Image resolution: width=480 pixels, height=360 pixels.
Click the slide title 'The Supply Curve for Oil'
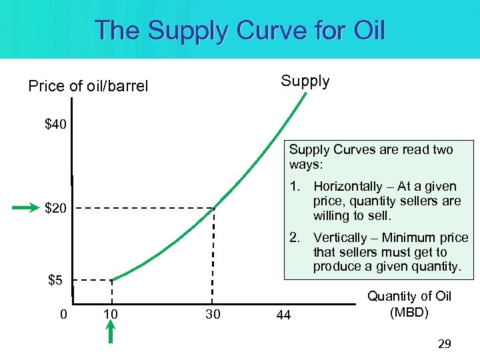coord(240,31)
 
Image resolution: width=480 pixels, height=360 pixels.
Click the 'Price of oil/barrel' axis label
coord(88,86)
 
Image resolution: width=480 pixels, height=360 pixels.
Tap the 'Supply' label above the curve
coord(305,81)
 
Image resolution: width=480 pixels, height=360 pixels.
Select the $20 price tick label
coord(55,209)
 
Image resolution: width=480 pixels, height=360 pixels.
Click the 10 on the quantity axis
coord(111,314)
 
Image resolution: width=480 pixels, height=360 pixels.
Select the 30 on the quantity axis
coord(212,314)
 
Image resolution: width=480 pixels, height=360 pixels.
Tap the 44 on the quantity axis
coord(283,315)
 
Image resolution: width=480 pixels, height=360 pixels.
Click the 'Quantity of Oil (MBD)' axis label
coord(409,304)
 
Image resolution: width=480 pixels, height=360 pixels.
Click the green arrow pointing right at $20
coord(26,209)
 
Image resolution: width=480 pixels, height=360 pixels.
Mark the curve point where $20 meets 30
coord(213,209)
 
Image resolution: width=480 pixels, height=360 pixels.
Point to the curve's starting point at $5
coord(111,279)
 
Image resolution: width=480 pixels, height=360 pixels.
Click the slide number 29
coord(444,344)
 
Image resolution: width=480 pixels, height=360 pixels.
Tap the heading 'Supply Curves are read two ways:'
coord(371,157)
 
